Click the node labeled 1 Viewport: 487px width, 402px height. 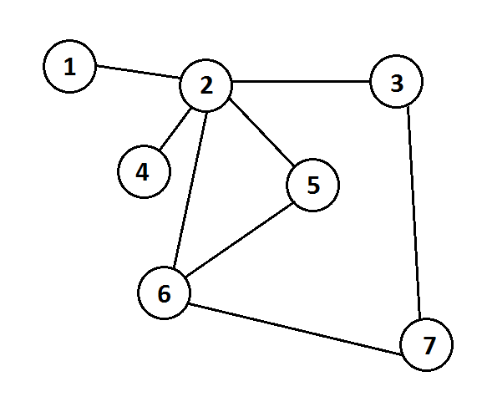click(x=69, y=66)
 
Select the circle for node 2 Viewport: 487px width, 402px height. click(x=205, y=84)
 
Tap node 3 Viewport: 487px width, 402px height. click(x=396, y=81)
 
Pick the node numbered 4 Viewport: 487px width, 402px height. click(x=144, y=171)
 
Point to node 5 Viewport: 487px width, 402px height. click(x=312, y=185)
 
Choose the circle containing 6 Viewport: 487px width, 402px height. click(x=164, y=293)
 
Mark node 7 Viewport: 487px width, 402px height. click(x=426, y=344)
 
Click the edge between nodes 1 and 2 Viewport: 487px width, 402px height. click(x=138, y=71)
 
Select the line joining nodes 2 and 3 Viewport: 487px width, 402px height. click(x=301, y=81)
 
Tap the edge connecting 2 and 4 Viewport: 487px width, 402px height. click(x=175, y=129)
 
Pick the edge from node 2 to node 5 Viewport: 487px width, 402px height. click(x=261, y=132)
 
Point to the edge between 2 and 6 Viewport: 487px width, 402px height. click(x=190, y=190)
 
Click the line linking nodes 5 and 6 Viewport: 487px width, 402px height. click(x=240, y=240)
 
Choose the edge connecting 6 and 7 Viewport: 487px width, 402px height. click(x=295, y=328)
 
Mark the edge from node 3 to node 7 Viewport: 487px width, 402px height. click(x=414, y=213)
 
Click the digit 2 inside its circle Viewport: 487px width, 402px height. click(x=206, y=84)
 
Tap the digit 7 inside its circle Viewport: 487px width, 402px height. click(x=429, y=345)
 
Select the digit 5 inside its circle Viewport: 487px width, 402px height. click(x=313, y=185)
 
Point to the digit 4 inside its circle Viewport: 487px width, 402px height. click(x=142, y=171)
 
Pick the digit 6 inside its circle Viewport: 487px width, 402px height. click(x=164, y=293)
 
